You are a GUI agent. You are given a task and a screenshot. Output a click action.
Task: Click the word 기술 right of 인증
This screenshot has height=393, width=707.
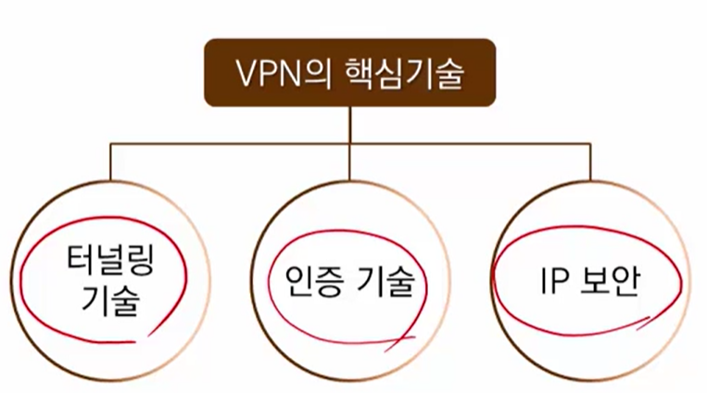pyautogui.click(x=389, y=280)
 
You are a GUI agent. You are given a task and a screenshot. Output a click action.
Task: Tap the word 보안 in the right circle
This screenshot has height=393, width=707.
pyautogui.click(x=612, y=280)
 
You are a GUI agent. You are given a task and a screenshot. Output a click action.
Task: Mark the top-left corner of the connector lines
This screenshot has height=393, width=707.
pyautogui.click(x=110, y=144)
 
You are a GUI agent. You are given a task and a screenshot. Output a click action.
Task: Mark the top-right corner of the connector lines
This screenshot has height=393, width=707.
pyautogui.click(x=589, y=144)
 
